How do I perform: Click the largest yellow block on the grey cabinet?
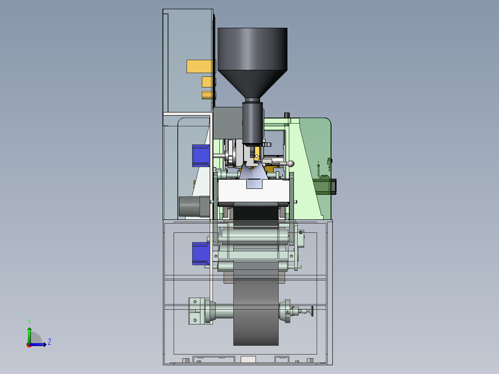pos(201,66)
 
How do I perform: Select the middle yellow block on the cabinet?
pos(209,82)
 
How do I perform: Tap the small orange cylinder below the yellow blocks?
pos(209,95)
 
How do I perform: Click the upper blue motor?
pos(201,156)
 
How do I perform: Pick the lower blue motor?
pos(201,253)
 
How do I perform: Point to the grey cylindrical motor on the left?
pos(194,206)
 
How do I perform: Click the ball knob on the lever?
pos(290,163)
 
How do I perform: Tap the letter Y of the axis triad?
pos(29,322)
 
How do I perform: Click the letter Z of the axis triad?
pos(50,342)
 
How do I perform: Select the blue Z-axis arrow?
pos(38,344)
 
